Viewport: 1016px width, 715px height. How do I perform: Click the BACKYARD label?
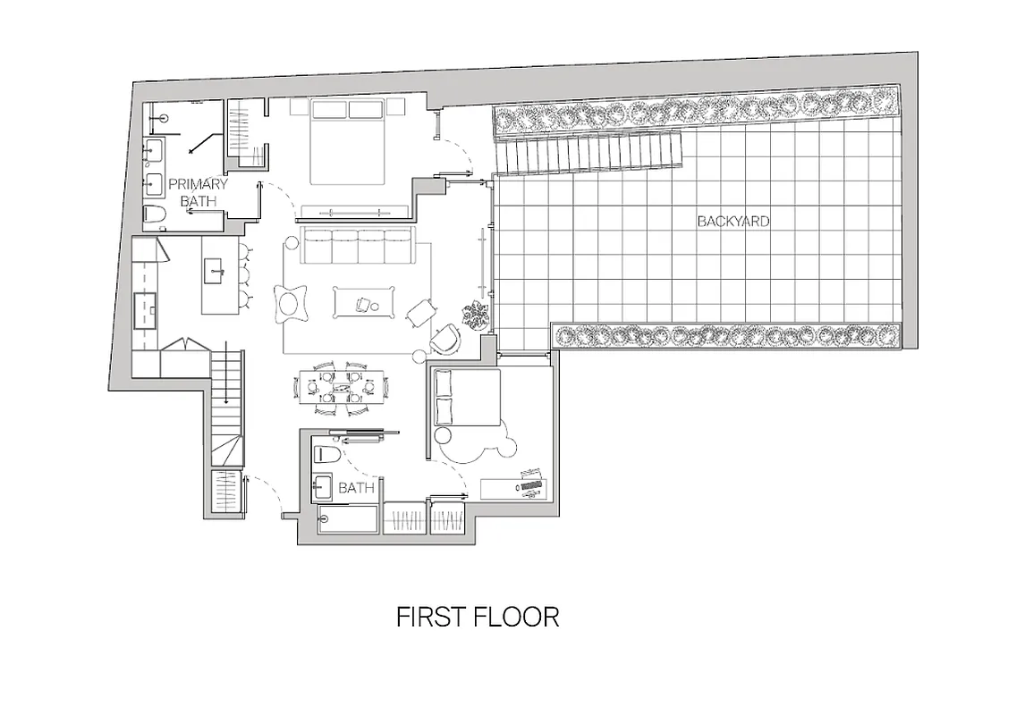pos(732,221)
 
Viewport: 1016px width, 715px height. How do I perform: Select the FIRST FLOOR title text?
pos(478,618)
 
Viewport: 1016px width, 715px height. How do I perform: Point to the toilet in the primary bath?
pos(154,215)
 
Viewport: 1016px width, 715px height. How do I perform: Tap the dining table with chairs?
pos(342,387)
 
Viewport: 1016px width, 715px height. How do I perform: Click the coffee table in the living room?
pos(366,302)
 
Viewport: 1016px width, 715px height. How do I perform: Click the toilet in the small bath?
pos(325,456)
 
